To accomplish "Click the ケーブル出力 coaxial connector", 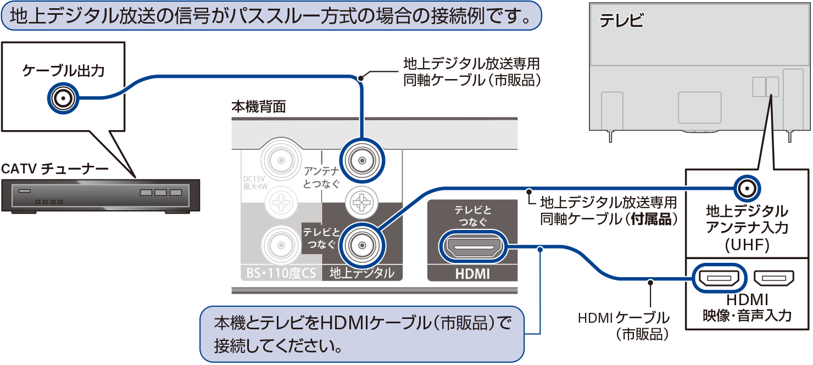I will click(62, 99).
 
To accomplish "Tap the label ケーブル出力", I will click(63, 70).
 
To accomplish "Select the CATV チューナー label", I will click(55, 169).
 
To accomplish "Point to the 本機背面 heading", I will click(258, 106).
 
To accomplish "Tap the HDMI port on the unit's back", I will click(472, 248).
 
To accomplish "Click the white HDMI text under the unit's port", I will click(472, 274).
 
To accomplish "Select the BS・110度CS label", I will click(280, 273).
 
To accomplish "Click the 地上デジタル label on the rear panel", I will click(361, 273).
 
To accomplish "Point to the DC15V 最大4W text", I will click(255, 182).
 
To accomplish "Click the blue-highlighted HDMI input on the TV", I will click(720, 278).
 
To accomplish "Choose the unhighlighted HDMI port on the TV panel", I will click(774, 278).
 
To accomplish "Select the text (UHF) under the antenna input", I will click(747, 244).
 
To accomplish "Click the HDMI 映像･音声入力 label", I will click(747, 307).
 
